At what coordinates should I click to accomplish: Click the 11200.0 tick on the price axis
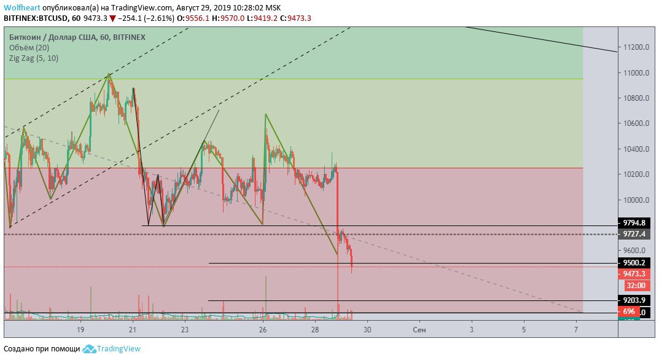click(635, 47)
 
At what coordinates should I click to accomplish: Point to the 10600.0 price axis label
click(635, 123)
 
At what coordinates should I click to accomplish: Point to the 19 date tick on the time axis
click(80, 330)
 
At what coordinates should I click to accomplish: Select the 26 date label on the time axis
click(263, 330)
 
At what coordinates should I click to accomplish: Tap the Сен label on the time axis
click(419, 330)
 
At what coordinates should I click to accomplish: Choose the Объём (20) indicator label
click(29, 47)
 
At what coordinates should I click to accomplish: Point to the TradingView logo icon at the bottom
click(89, 349)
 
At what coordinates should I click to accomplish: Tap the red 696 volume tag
click(629, 312)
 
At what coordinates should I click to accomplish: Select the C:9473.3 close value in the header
click(295, 18)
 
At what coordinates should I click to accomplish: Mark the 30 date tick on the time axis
click(367, 330)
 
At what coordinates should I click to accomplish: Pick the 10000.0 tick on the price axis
click(635, 200)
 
